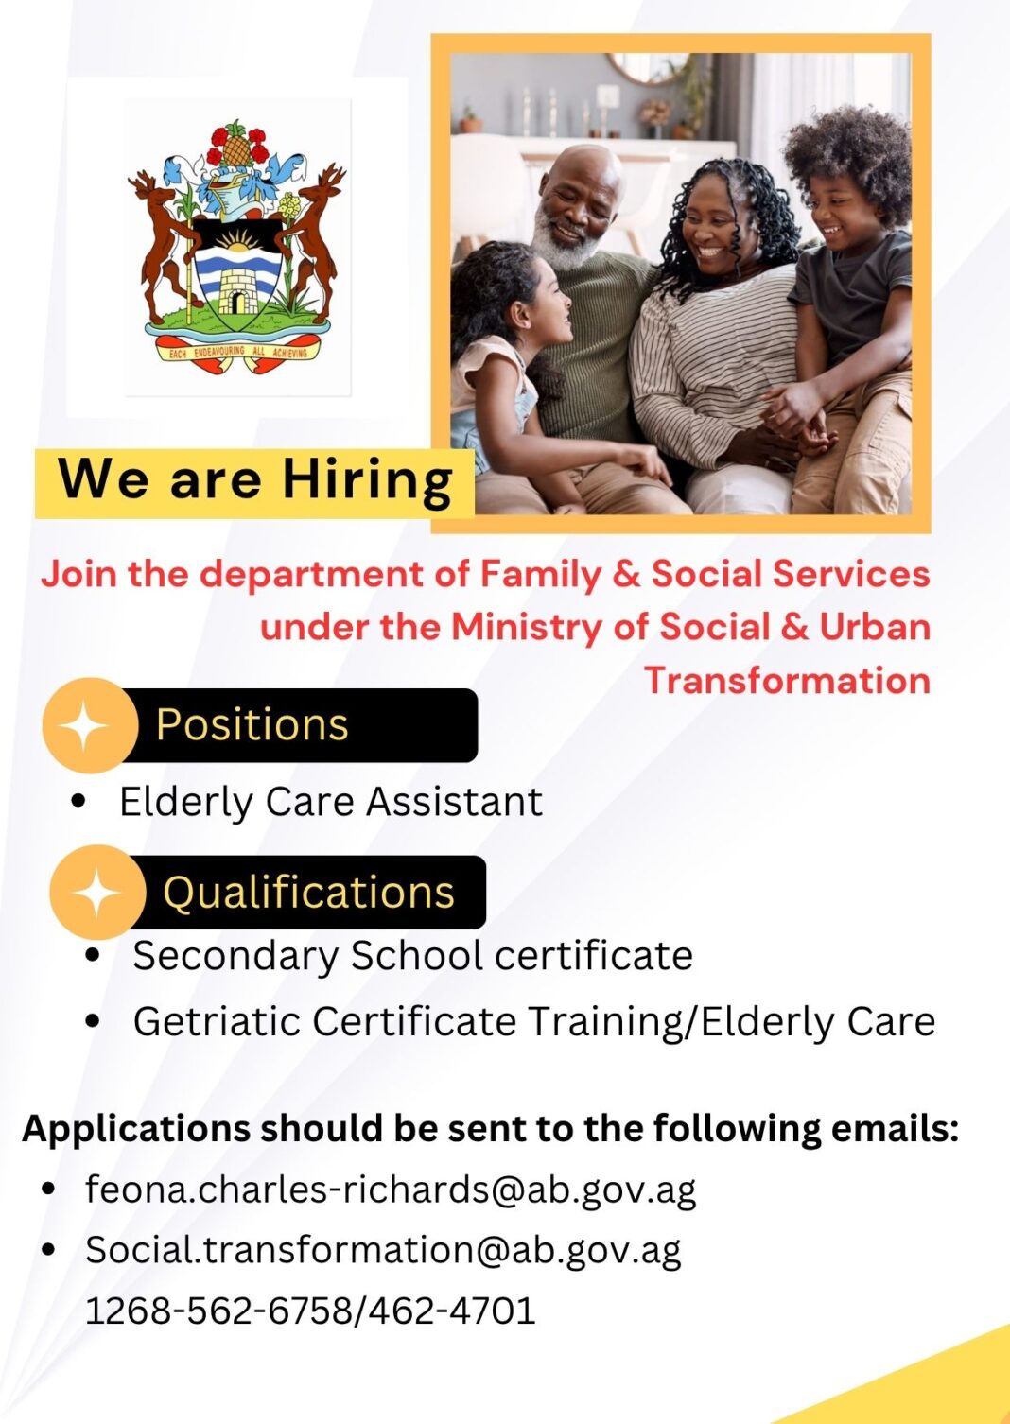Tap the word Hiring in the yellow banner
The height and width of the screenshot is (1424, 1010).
[368, 481]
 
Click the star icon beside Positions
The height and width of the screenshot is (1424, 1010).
[82, 725]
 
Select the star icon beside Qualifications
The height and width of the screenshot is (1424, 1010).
[96, 893]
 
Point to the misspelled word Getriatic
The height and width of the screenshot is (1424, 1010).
[217, 1022]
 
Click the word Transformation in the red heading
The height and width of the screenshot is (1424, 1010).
[788, 680]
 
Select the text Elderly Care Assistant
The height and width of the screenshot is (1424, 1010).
[331, 802]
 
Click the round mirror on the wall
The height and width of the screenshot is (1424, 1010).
[650, 67]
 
